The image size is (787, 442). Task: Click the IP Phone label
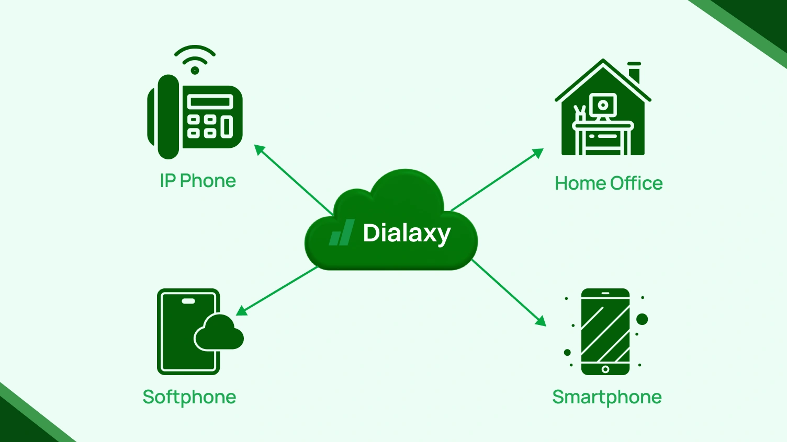pyautogui.click(x=198, y=181)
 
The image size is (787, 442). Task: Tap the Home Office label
pyautogui.click(x=609, y=183)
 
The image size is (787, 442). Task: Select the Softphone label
pyautogui.click(x=189, y=397)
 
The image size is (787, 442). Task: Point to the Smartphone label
pyautogui.click(x=607, y=397)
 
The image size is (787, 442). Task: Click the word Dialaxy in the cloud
pyautogui.click(x=407, y=233)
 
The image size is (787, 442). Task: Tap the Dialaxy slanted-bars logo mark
pyautogui.click(x=342, y=233)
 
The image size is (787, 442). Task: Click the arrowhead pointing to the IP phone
pyautogui.click(x=258, y=149)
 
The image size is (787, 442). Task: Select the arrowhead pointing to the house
pyautogui.click(x=539, y=153)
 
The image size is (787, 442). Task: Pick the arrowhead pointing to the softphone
pyautogui.click(x=241, y=311)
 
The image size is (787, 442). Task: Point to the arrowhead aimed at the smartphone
pyautogui.click(x=542, y=321)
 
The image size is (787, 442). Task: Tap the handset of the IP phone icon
pyautogui.click(x=167, y=117)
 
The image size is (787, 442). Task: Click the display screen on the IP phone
pyautogui.click(x=210, y=101)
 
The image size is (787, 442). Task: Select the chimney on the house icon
pyautogui.click(x=634, y=72)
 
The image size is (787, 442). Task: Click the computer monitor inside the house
pyautogui.click(x=603, y=106)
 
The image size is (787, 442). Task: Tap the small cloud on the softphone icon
pyautogui.click(x=219, y=333)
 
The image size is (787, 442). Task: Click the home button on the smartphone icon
pyautogui.click(x=605, y=369)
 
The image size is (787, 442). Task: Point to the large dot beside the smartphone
pyautogui.click(x=642, y=319)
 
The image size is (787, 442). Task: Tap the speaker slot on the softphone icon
pyautogui.click(x=188, y=301)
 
